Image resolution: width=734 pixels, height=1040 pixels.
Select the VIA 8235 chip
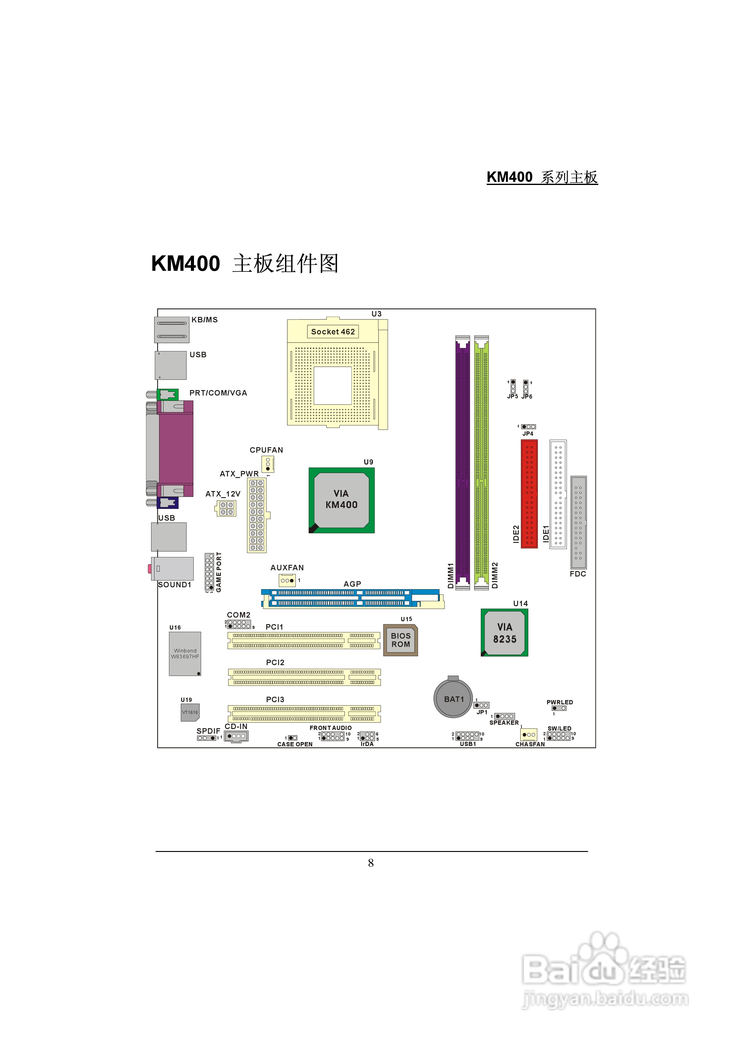[504, 632]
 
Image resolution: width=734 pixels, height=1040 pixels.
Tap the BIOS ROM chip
[401, 640]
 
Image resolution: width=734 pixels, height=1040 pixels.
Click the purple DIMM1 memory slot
[463, 462]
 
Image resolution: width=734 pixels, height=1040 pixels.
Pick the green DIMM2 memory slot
[481, 462]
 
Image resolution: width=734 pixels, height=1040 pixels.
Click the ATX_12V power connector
[227, 508]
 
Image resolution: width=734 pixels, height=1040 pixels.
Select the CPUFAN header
[267, 464]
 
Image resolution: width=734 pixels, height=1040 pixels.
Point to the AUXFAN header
[287, 580]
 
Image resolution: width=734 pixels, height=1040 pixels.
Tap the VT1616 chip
[190, 712]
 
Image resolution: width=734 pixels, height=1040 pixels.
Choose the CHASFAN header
[529, 734]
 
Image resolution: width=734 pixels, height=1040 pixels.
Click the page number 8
[371, 863]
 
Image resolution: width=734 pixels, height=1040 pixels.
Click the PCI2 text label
[275, 662]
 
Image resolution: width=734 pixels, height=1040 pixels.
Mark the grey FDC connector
[578, 522]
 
